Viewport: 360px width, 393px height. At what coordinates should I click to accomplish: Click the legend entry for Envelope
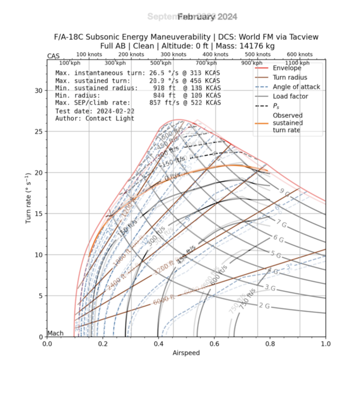(286, 68)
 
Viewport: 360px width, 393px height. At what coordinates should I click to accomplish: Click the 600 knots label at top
(300, 54)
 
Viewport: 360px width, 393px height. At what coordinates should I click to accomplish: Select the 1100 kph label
(298, 63)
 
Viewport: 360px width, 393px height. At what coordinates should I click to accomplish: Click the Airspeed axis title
(186, 353)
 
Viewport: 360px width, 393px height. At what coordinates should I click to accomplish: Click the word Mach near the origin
(56, 333)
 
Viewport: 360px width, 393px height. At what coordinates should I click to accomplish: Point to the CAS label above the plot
(53, 56)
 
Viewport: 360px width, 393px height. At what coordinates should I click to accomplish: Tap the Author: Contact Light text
(94, 118)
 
